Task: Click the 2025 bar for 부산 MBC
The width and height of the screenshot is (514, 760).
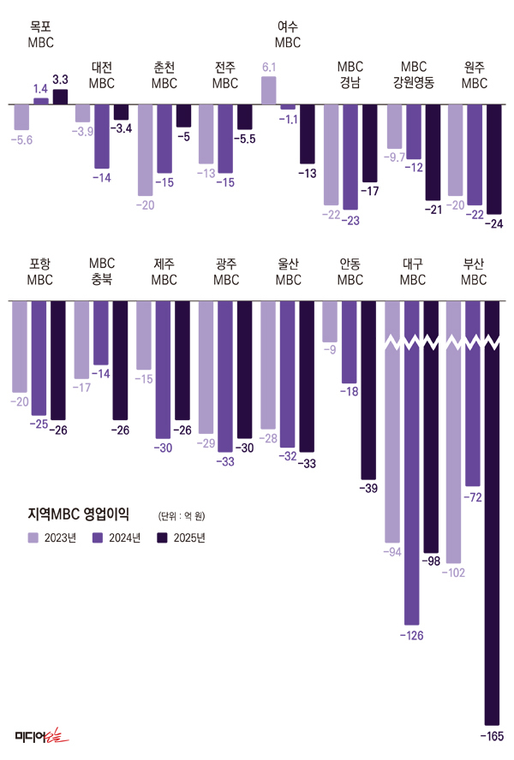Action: [493, 514]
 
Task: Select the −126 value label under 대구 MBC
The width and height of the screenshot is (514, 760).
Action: [412, 635]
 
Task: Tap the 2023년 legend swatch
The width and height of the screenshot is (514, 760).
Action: [33, 537]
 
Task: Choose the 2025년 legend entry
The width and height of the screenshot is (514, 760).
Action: [182, 537]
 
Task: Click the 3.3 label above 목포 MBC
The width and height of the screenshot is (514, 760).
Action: [60, 80]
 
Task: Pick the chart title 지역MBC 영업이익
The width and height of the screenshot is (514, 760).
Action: [78, 514]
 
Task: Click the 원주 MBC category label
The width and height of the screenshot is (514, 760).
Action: [474, 75]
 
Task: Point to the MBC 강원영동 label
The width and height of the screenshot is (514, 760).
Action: [413, 75]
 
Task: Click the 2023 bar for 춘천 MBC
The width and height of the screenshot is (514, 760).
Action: [146, 150]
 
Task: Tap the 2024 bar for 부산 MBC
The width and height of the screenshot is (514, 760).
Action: [473, 394]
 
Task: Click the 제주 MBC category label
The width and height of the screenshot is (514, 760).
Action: [164, 272]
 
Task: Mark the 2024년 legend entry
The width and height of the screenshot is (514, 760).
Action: [117, 537]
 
